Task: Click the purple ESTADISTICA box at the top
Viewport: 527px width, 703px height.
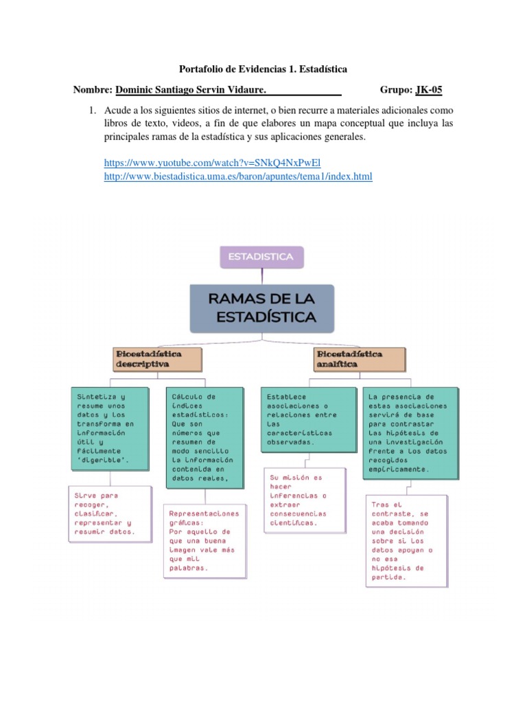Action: [261, 257]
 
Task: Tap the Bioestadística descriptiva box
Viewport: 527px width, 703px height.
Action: [158, 359]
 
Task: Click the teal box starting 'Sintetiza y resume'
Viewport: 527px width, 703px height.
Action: [109, 428]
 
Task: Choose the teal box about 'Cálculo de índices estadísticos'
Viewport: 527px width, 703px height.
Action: [204, 437]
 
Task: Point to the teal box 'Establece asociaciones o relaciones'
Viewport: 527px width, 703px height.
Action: [307, 419]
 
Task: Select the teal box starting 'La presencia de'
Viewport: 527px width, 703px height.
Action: [410, 433]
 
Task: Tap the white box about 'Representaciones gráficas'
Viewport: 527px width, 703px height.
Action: [204, 540]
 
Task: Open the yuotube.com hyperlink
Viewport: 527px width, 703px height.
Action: [212, 163]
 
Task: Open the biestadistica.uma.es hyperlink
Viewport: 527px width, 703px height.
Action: [238, 177]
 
